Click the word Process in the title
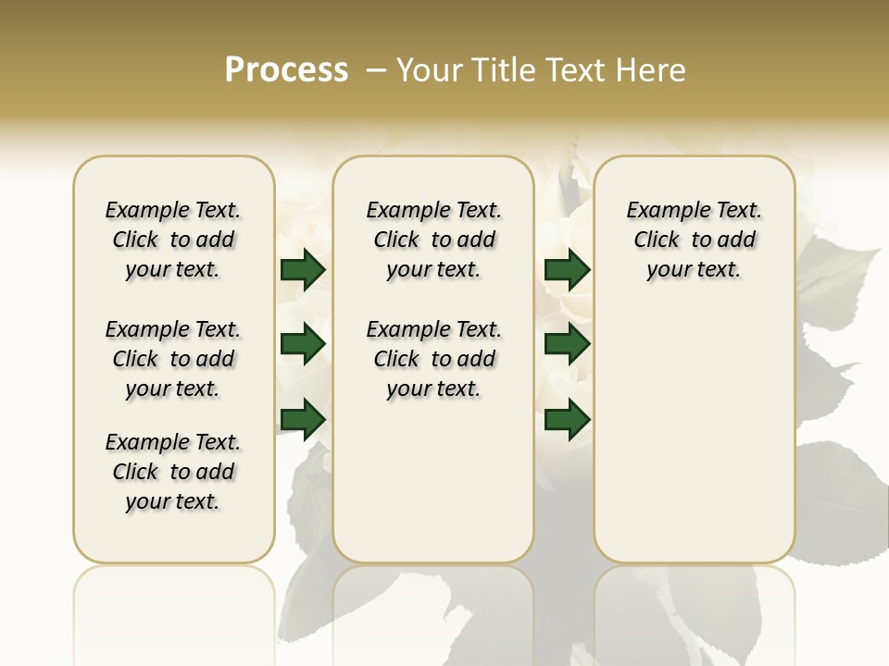pyautogui.click(x=286, y=70)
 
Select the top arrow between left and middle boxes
pyautogui.click(x=303, y=269)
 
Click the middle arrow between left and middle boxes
pyautogui.click(x=303, y=344)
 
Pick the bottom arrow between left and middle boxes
pyautogui.click(x=303, y=418)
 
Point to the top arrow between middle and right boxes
pyautogui.click(x=567, y=269)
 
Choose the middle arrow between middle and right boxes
pyautogui.click(x=567, y=344)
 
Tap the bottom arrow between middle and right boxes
pyautogui.click(x=567, y=418)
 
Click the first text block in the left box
pyautogui.click(x=173, y=240)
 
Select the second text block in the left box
pyautogui.click(x=173, y=359)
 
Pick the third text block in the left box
pyautogui.click(x=173, y=472)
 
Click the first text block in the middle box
pyautogui.click(x=434, y=240)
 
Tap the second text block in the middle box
pyautogui.click(x=434, y=359)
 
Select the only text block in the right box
pyautogui.click(x=695, y=240)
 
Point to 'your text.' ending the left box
pyautogui.click(x=173, y=501)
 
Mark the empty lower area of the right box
pyautogui.click(x=695, y=435)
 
